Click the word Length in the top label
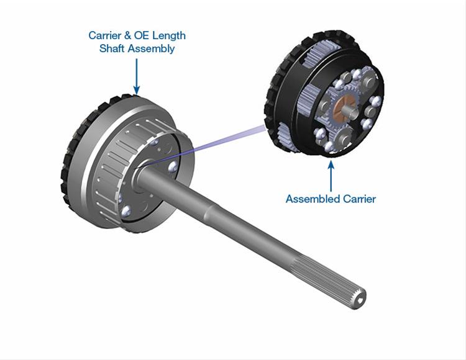click(x=169, y=36)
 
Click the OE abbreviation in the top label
click(x=142, y=35)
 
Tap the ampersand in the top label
click(x=127, y=35)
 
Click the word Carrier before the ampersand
click(x=104, y=35)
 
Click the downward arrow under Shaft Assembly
click(x=137, y=76)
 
